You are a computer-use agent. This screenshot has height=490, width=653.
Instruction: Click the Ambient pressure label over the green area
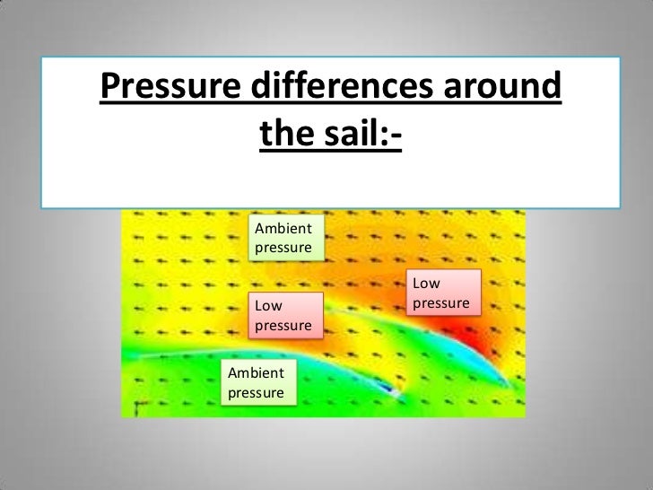point(257,382)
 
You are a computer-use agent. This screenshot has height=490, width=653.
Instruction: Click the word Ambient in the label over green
point(256,373)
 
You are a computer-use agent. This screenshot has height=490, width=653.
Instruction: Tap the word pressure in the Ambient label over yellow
point(283,247)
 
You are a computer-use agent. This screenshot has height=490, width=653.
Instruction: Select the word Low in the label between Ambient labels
point(266,306)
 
